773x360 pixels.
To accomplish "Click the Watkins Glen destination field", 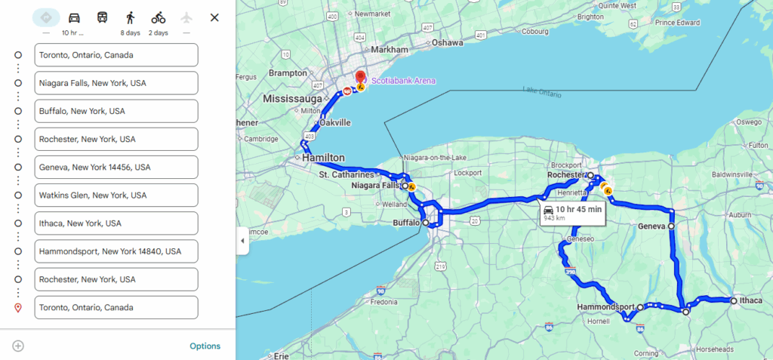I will click(x=116, y=195).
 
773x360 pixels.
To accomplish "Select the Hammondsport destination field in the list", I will click(x=116, y=251).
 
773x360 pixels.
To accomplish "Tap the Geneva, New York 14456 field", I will click(x=116, y=167).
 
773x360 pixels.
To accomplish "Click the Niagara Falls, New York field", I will click(x=116, y=83).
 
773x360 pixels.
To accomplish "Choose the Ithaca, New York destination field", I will click(x=116, y=223).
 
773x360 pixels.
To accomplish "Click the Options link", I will click(x=205, y=346).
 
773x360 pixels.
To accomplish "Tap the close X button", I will click(x=214, y=17).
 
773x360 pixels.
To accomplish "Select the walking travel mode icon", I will click(x=131, y=17).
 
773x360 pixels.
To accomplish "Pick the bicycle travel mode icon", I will click(x=159, y=17).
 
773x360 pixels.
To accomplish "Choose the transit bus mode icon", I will click(x=102, y=17).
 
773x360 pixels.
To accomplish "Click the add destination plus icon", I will click(x=18, y=346).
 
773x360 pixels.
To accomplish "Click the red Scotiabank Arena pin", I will click(x=361, y=78).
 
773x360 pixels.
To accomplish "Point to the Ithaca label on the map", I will click(x=751, y=300).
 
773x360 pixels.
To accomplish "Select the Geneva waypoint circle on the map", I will click(x=671, y=226).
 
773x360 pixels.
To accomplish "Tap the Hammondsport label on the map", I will click(x=605, y=307).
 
